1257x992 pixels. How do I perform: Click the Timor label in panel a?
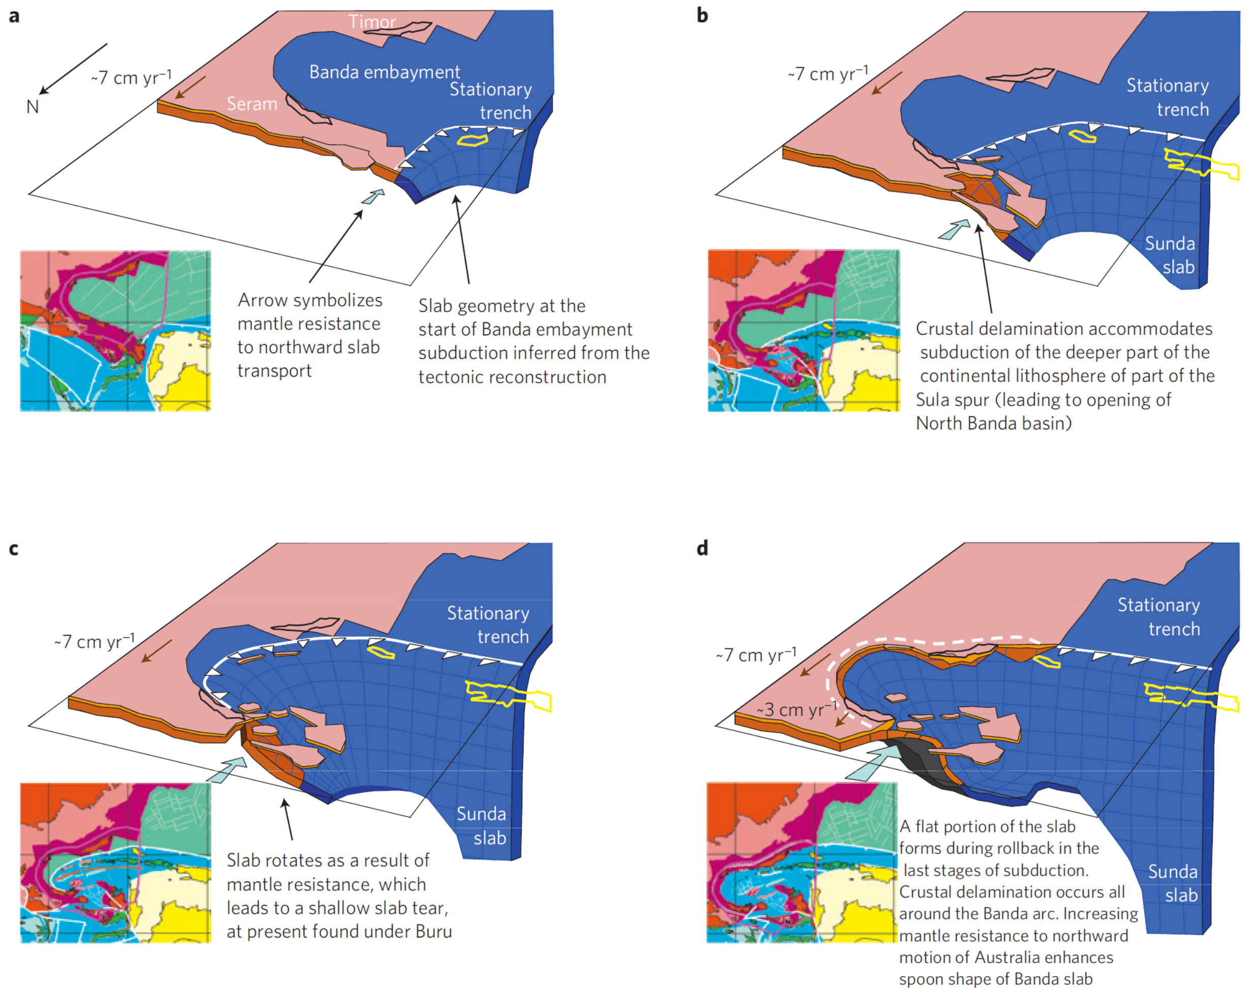pos(371,22)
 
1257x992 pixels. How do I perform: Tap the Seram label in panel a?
pos(252,104)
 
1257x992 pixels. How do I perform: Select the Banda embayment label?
pos(384,72)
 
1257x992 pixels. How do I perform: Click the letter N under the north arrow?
pos(33,107)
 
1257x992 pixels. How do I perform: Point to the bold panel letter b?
pos(703,16)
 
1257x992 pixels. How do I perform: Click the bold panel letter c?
pos(14,549)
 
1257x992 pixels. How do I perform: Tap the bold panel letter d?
pos(703,548)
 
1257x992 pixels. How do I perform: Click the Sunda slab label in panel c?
pos(481,826)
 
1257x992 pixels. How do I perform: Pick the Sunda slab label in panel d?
pos(1173,883)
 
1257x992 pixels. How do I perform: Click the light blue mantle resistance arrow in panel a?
pos(373,196)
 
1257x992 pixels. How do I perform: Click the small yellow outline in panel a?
pos(472,140)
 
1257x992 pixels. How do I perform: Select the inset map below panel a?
pos(115,331)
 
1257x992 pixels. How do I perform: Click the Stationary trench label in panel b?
pos(1168,98)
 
